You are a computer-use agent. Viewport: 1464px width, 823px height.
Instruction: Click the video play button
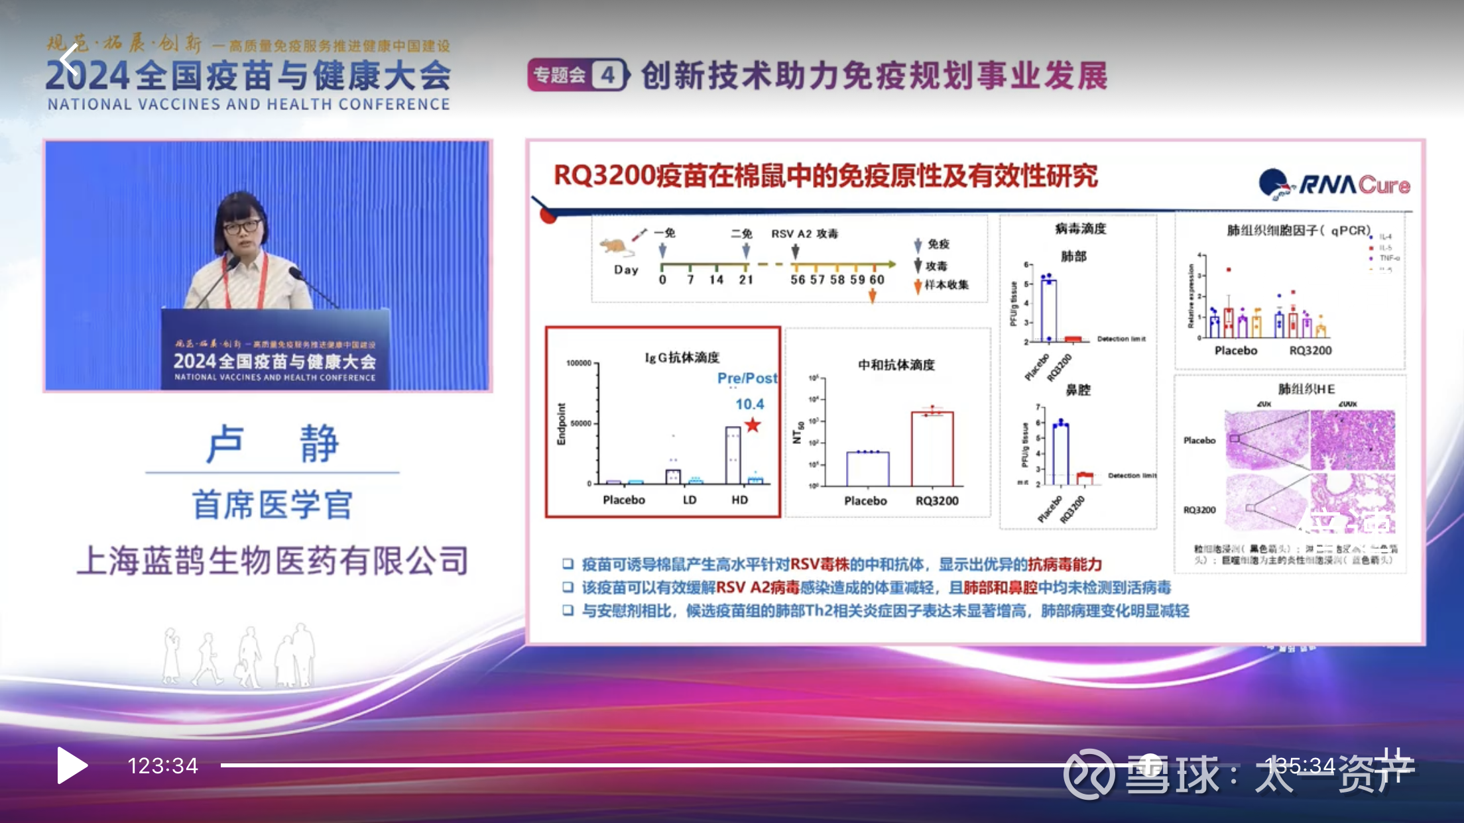pos(72,765)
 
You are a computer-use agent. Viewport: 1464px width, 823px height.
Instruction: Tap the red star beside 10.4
pos(753,425)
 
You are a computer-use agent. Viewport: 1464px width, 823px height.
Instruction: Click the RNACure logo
pos(1334,184)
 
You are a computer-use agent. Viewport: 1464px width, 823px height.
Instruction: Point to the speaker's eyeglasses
pos(242,227)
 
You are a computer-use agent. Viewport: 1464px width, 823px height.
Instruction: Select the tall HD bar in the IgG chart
pos(733,455)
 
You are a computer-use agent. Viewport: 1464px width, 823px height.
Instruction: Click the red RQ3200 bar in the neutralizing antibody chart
pos(932,449)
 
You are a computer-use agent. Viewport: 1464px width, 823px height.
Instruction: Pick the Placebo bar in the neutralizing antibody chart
pos(868,468)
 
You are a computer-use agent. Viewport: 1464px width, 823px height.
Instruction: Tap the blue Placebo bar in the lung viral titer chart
pos(1048,309)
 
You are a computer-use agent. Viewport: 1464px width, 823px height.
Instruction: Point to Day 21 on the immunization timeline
pos(746,280)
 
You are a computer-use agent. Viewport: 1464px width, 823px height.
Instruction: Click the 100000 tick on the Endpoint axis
pos(579,363)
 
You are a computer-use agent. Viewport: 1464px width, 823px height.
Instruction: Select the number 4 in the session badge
pos(607,76)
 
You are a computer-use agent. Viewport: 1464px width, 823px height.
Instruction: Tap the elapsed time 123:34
pos(162,766)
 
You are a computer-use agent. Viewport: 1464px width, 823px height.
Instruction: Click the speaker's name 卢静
pos(273,443)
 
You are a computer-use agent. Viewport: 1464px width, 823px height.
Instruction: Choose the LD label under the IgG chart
pos(690,500)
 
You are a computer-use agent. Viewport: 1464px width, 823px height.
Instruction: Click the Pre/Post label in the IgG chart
pos(747,378)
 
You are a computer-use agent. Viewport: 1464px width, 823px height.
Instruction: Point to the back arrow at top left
pos(68,60)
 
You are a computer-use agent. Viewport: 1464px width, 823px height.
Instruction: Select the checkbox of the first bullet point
pos(568,564)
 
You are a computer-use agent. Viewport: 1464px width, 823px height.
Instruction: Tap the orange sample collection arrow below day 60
pos(873,296)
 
